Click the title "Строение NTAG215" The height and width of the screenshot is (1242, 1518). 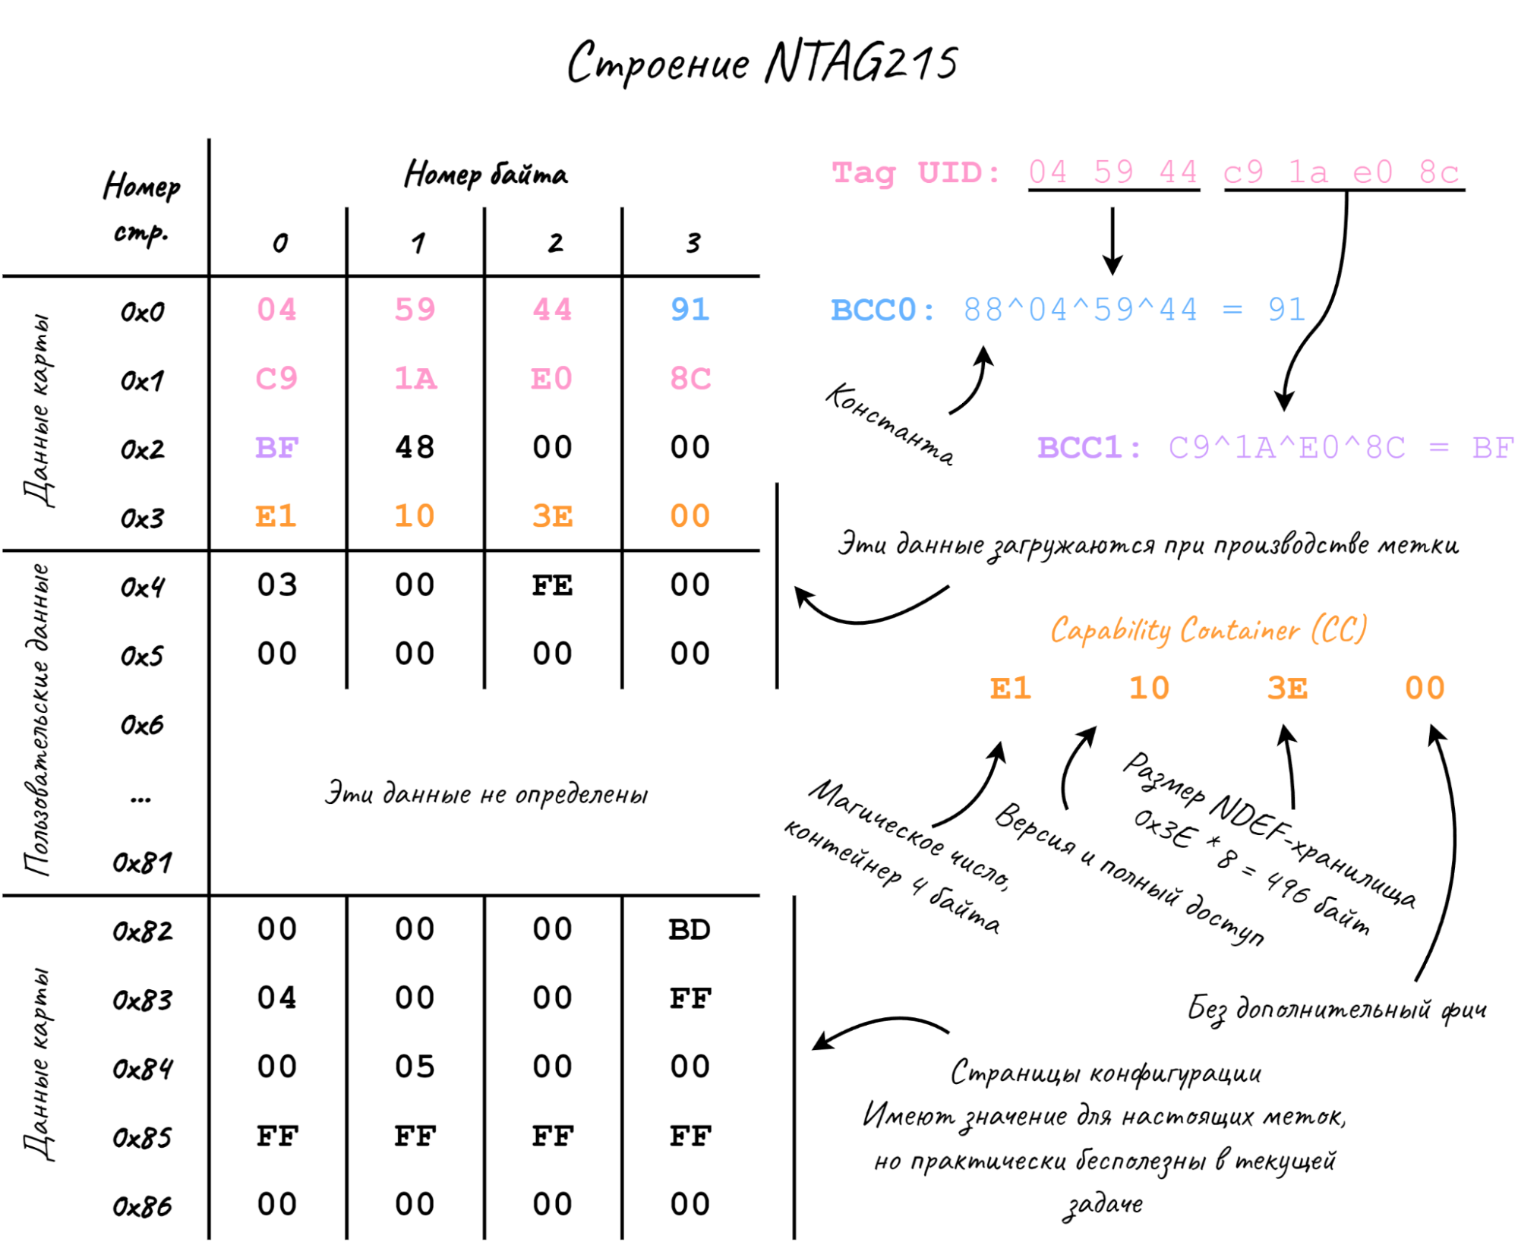[x=762, y=62]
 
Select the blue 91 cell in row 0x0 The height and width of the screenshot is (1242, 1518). [x=690, y=310]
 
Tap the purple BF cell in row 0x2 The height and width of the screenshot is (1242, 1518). [x=276, y=448]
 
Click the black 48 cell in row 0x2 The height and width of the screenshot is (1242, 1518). [x=415, y=447]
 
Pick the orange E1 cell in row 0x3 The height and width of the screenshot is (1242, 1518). [x=276, y=516]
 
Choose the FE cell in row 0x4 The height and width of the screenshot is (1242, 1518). [x=552, y=585]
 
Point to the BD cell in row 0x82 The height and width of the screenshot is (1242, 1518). [x=690, y=929]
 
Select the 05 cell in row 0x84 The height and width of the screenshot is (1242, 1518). [x=415, y=1067]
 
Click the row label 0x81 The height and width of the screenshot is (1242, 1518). [x=142, y=862]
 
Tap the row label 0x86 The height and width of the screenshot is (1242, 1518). [x=142, y=1206]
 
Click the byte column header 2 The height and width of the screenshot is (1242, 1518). [x=556, y=243]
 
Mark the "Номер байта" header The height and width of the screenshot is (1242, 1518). [x=486, y=175]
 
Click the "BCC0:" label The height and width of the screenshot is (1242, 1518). [x=883, y=310]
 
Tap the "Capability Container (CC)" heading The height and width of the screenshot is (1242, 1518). [x=1209, y=630]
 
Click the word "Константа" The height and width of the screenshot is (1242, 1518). [x=889, y=422]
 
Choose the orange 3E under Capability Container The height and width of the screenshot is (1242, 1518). [x=1287, y=689]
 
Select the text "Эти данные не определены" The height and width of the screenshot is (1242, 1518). [x=486, y=794]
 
